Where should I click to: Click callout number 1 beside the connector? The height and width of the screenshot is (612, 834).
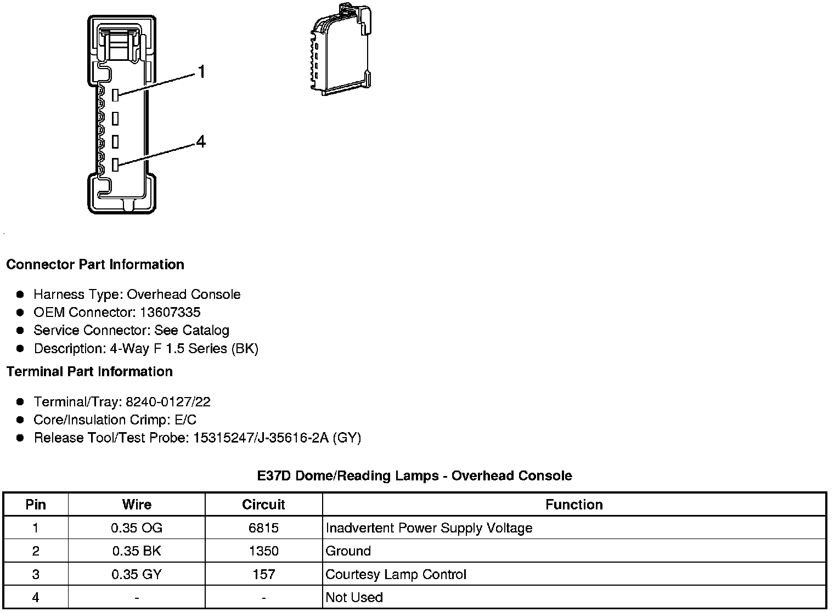click(201, 72)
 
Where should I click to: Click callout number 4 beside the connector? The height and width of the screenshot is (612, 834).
click(201, 142)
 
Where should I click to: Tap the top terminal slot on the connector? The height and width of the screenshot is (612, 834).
click(115, 95)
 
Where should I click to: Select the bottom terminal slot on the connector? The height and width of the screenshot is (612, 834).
click(115, 164)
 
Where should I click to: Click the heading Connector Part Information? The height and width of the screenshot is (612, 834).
click(95, 264)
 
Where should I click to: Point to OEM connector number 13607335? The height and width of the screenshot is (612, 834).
click(170, 313)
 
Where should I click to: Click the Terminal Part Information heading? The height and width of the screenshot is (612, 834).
click(89, 371)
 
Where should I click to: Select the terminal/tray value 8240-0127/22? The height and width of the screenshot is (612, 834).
click(168, 402)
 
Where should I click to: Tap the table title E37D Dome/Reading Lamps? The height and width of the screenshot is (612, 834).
click(414, 475)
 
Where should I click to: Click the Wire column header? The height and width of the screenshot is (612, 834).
click(137, 505)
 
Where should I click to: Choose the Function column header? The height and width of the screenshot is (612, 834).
click(574, 505)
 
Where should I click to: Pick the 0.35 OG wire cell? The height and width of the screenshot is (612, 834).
click(137, 528)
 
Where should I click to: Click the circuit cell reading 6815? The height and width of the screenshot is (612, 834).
click(263, 528)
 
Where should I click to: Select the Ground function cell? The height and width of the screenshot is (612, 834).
click(348, 551)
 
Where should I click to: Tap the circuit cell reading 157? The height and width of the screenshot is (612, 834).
click(263, 574)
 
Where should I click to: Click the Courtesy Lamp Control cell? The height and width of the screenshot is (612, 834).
click(396, 574)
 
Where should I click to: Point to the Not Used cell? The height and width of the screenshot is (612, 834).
click(354, 597)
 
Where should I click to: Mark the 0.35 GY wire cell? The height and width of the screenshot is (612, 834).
click(137, 574)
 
